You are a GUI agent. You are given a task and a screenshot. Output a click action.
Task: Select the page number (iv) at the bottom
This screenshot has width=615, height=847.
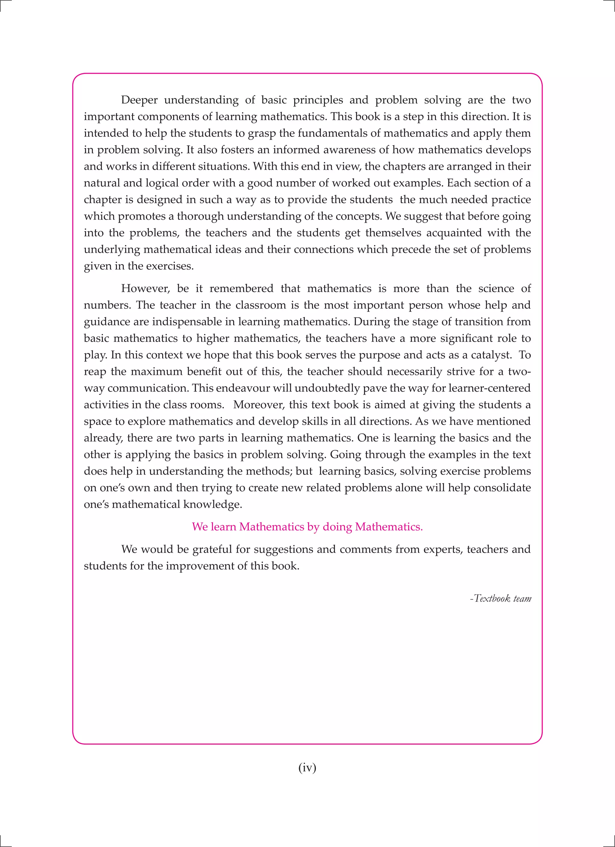pyautogui.click(x=307, y=767)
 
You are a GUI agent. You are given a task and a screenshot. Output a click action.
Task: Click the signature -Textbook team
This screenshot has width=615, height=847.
pyautogui.click(x=500, y=598)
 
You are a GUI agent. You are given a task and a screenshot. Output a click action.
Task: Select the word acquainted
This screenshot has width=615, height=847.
pyautogui.click(x=453, y=233)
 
